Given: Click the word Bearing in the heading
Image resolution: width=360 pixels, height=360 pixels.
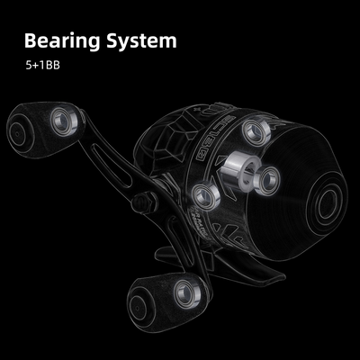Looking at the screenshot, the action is click(x=62, y=40).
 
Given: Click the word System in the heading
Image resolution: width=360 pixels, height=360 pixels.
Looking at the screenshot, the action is click(x=141, y=40).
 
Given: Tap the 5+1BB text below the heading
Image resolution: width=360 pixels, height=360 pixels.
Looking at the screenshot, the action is click(x=42, y=66).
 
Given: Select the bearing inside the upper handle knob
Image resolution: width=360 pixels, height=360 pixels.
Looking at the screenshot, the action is click(x=63, y=122).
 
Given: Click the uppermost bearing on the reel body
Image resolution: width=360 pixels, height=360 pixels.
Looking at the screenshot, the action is click(x=256, y=132).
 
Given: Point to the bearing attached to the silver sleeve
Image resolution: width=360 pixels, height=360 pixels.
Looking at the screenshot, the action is click(x=268, y=181).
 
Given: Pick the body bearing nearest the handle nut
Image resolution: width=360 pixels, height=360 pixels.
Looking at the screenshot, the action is click(x=205, y=196).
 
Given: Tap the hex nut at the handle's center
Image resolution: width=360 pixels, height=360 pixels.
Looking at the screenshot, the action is click(x=144, y=202).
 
